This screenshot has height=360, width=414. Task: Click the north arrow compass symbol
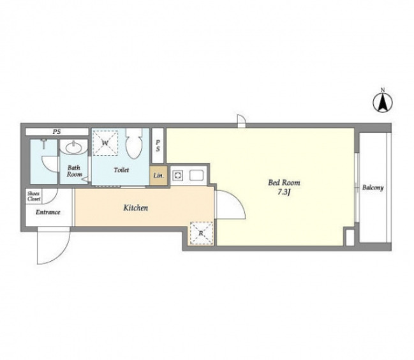coord(383,102)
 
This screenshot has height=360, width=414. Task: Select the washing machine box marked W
coord(105,143)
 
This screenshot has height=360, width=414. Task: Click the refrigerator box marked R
coord(201,233)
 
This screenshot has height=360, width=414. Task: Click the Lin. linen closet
coord(158,176)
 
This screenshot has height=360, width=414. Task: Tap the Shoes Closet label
coord(34,196)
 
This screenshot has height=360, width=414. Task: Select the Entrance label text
coord(48,212)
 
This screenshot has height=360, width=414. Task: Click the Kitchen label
coord(136,208)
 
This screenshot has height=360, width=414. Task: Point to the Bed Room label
coord(284,183)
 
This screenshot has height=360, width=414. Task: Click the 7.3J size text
coord(284,192)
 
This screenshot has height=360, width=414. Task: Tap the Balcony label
coord(373,188)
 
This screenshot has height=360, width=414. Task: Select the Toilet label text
coord(121,170)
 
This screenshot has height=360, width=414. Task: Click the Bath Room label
coord(74,171)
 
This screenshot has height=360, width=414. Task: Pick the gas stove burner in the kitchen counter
coord(177,176)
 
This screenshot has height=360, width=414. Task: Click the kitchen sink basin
coord(196,176)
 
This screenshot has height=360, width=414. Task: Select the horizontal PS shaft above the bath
coord(57,131)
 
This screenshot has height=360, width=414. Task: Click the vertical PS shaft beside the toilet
coord(158,146)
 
